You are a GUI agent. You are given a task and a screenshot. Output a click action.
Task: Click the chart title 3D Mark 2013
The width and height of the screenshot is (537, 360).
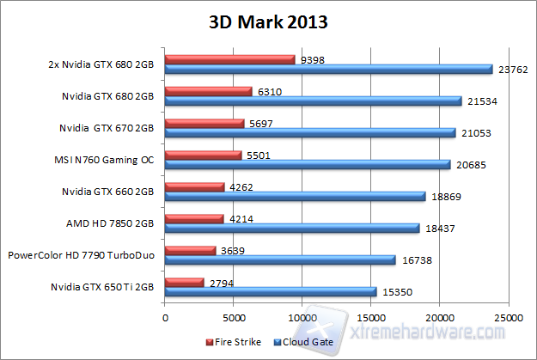268,21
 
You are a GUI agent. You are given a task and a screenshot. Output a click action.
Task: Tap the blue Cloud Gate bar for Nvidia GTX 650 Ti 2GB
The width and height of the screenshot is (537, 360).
271,292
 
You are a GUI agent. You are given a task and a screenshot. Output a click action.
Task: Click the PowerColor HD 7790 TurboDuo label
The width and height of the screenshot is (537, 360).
82,255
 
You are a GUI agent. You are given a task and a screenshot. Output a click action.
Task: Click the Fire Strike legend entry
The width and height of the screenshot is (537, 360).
235,342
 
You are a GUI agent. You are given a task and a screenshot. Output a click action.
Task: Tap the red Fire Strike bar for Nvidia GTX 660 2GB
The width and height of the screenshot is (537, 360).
194,186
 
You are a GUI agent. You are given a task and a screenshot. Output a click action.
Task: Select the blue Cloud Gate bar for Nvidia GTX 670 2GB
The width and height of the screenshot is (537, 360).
309,133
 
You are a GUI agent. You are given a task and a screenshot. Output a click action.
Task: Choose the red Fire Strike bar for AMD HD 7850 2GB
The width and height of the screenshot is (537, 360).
193,218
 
